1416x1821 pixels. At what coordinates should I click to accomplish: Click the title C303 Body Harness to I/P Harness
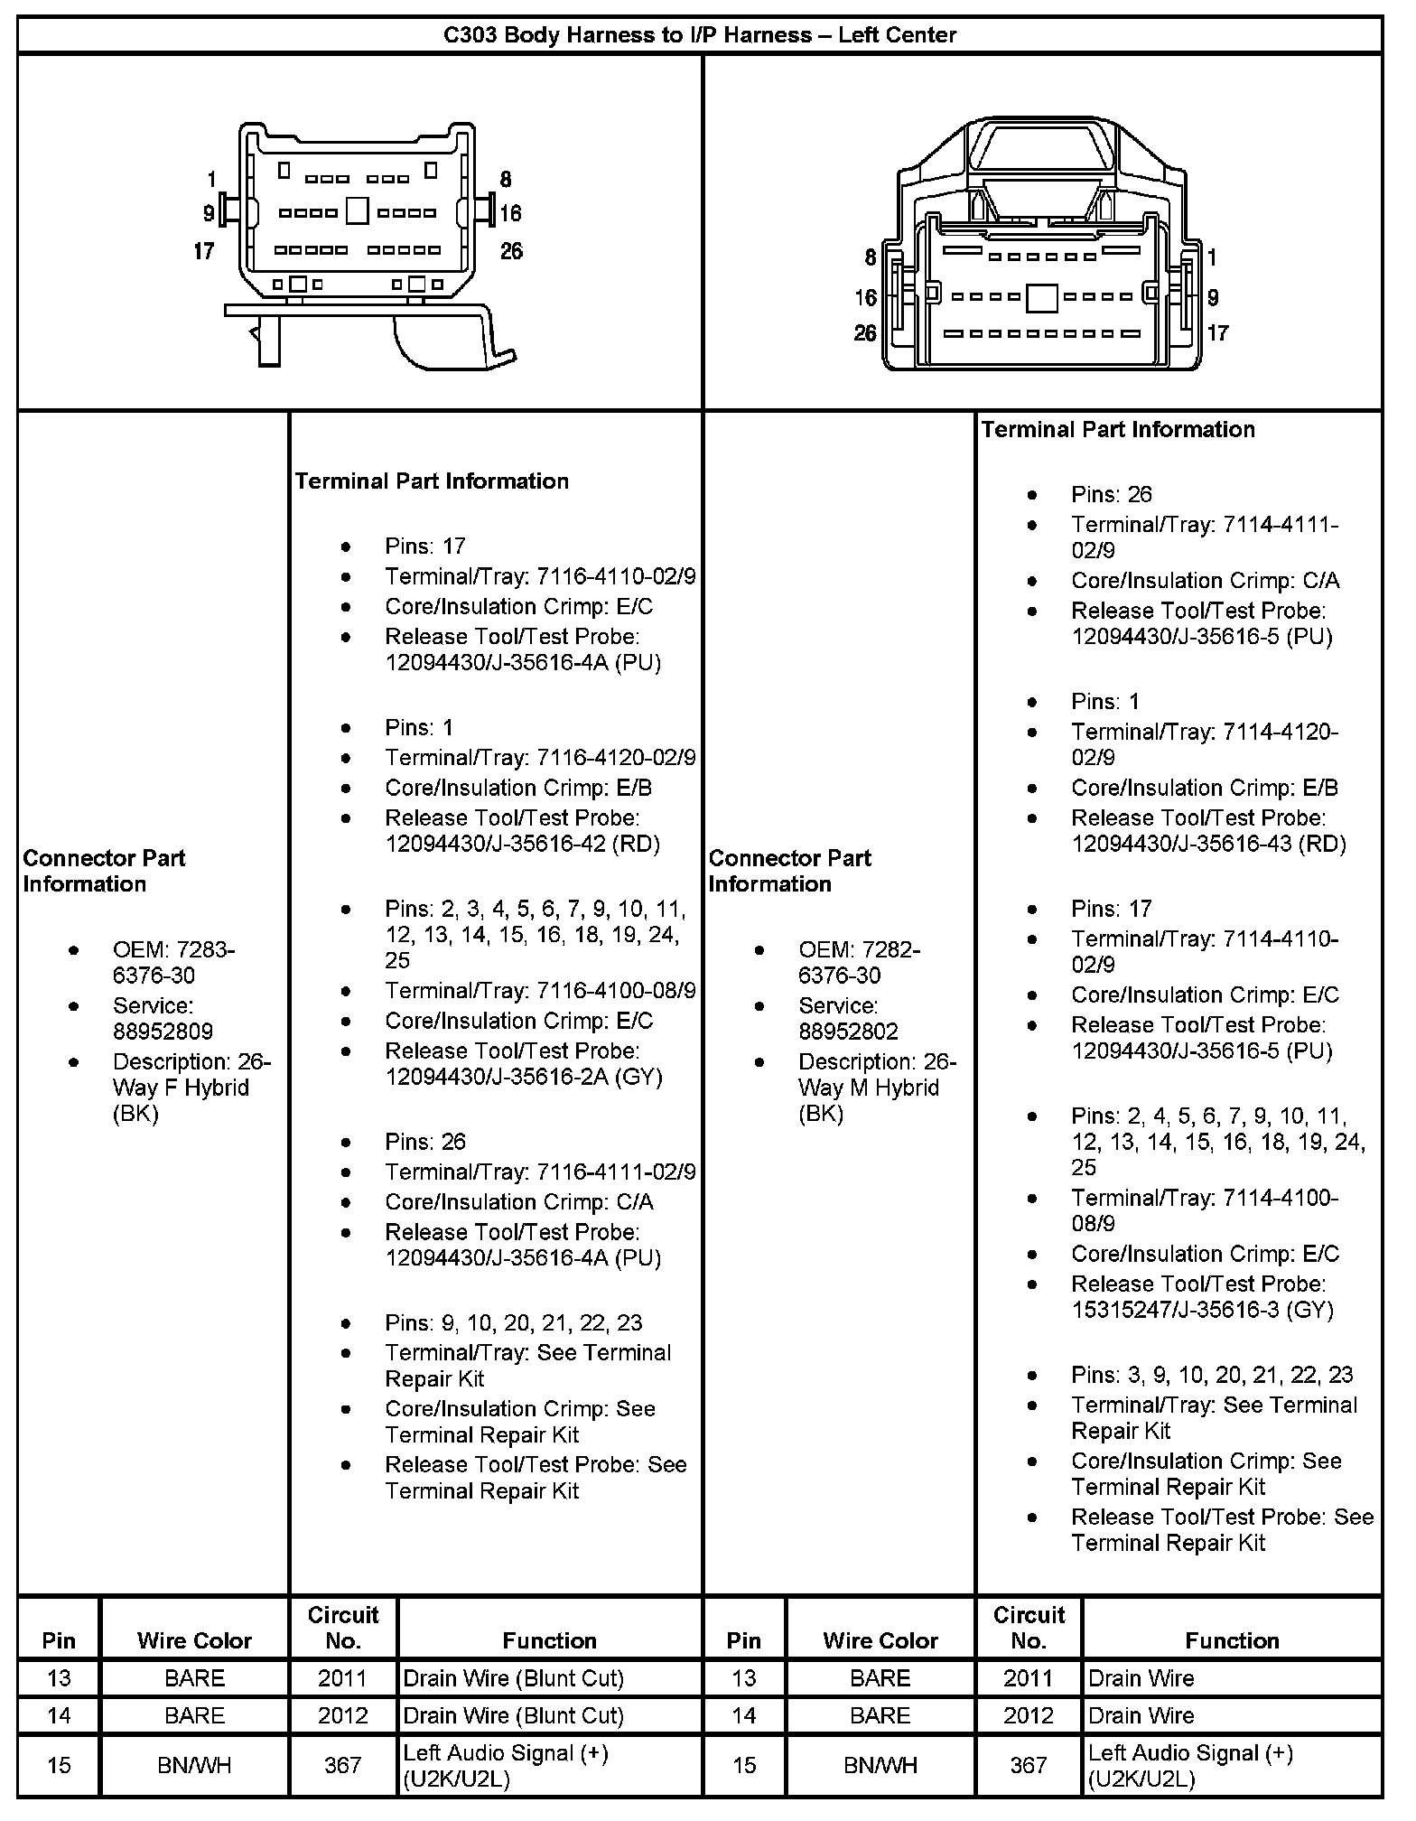click(699, 35)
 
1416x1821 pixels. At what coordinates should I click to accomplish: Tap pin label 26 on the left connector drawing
click(511, 250)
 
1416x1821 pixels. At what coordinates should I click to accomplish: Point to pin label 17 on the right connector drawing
click(1217, 333)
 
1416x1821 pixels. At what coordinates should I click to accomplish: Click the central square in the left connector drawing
click(358, 211)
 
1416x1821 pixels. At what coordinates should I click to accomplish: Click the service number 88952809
click(163, 1032)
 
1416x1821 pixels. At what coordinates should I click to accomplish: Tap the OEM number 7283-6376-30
click(172, 963)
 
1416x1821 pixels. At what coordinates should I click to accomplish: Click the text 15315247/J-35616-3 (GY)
click(1202, 1310)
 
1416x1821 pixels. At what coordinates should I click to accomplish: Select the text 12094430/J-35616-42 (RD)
click(522, 844)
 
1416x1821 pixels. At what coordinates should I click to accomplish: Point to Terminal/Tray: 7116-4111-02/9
click(540, 1172)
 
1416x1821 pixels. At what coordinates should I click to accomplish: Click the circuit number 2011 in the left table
click(342, 1678)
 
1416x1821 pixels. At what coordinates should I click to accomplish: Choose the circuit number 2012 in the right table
click(1028, 1715)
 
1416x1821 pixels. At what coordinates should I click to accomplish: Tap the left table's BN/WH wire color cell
click(194, 1765)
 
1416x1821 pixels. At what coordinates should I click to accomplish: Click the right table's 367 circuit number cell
click(1028, 1765)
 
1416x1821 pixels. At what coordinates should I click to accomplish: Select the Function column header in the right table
click(1232, 1640)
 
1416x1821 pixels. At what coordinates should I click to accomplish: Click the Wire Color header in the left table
click(194, 1640)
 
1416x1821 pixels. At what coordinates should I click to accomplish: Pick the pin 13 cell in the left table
click(59, 1678)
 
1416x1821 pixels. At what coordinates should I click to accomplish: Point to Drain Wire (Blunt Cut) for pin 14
click(513, 1715)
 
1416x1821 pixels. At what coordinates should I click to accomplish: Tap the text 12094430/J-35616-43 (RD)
click(1208, 844)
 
